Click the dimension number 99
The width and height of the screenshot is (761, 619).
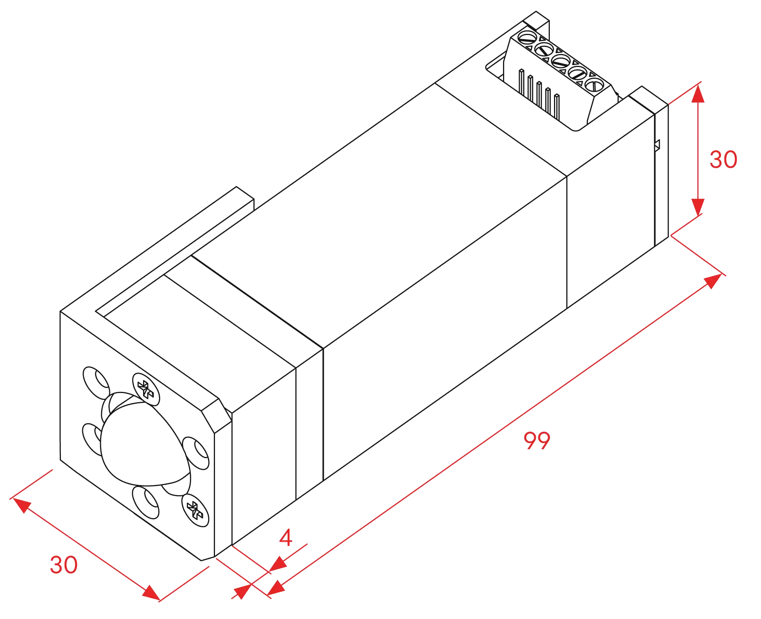pyautogui.click(x=537, y=441)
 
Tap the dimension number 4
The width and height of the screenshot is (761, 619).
pyautogui.click(x=286, y=537)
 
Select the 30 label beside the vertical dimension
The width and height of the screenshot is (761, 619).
pyautogui.click(x=723, y=159)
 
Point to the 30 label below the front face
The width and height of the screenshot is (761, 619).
pyautogui.click(x=64, y=565)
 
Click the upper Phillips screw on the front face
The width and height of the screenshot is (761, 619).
pyautogui.click(x=146, y=389)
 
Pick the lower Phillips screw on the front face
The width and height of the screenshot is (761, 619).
pyautogui.click(x=195, y=510)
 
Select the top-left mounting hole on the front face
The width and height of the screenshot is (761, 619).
pyautogui.click(x=97, y=383)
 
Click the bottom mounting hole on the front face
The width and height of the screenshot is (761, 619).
pyautogui.click(x=146, y=503)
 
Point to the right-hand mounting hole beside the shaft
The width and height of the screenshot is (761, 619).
pyautogui.click(x=196, y=453)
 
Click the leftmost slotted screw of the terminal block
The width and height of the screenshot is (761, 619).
pyautogui.click(x=527, y=38)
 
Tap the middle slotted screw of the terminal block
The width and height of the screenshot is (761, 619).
pyautogui.click(x=561, y=61)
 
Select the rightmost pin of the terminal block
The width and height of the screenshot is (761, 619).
pyautogui.click(x=557, y=107)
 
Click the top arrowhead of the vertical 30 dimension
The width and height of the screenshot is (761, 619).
pyautogui.click(x=698, y=94)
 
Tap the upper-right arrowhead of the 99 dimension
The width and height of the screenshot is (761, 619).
pyautogui.click(x=713, y=281)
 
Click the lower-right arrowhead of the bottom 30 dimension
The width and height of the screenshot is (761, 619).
pyautogui.click(x=151, y=593)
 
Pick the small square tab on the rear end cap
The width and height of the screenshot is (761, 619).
pyautogui.click(x=657, y=145)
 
